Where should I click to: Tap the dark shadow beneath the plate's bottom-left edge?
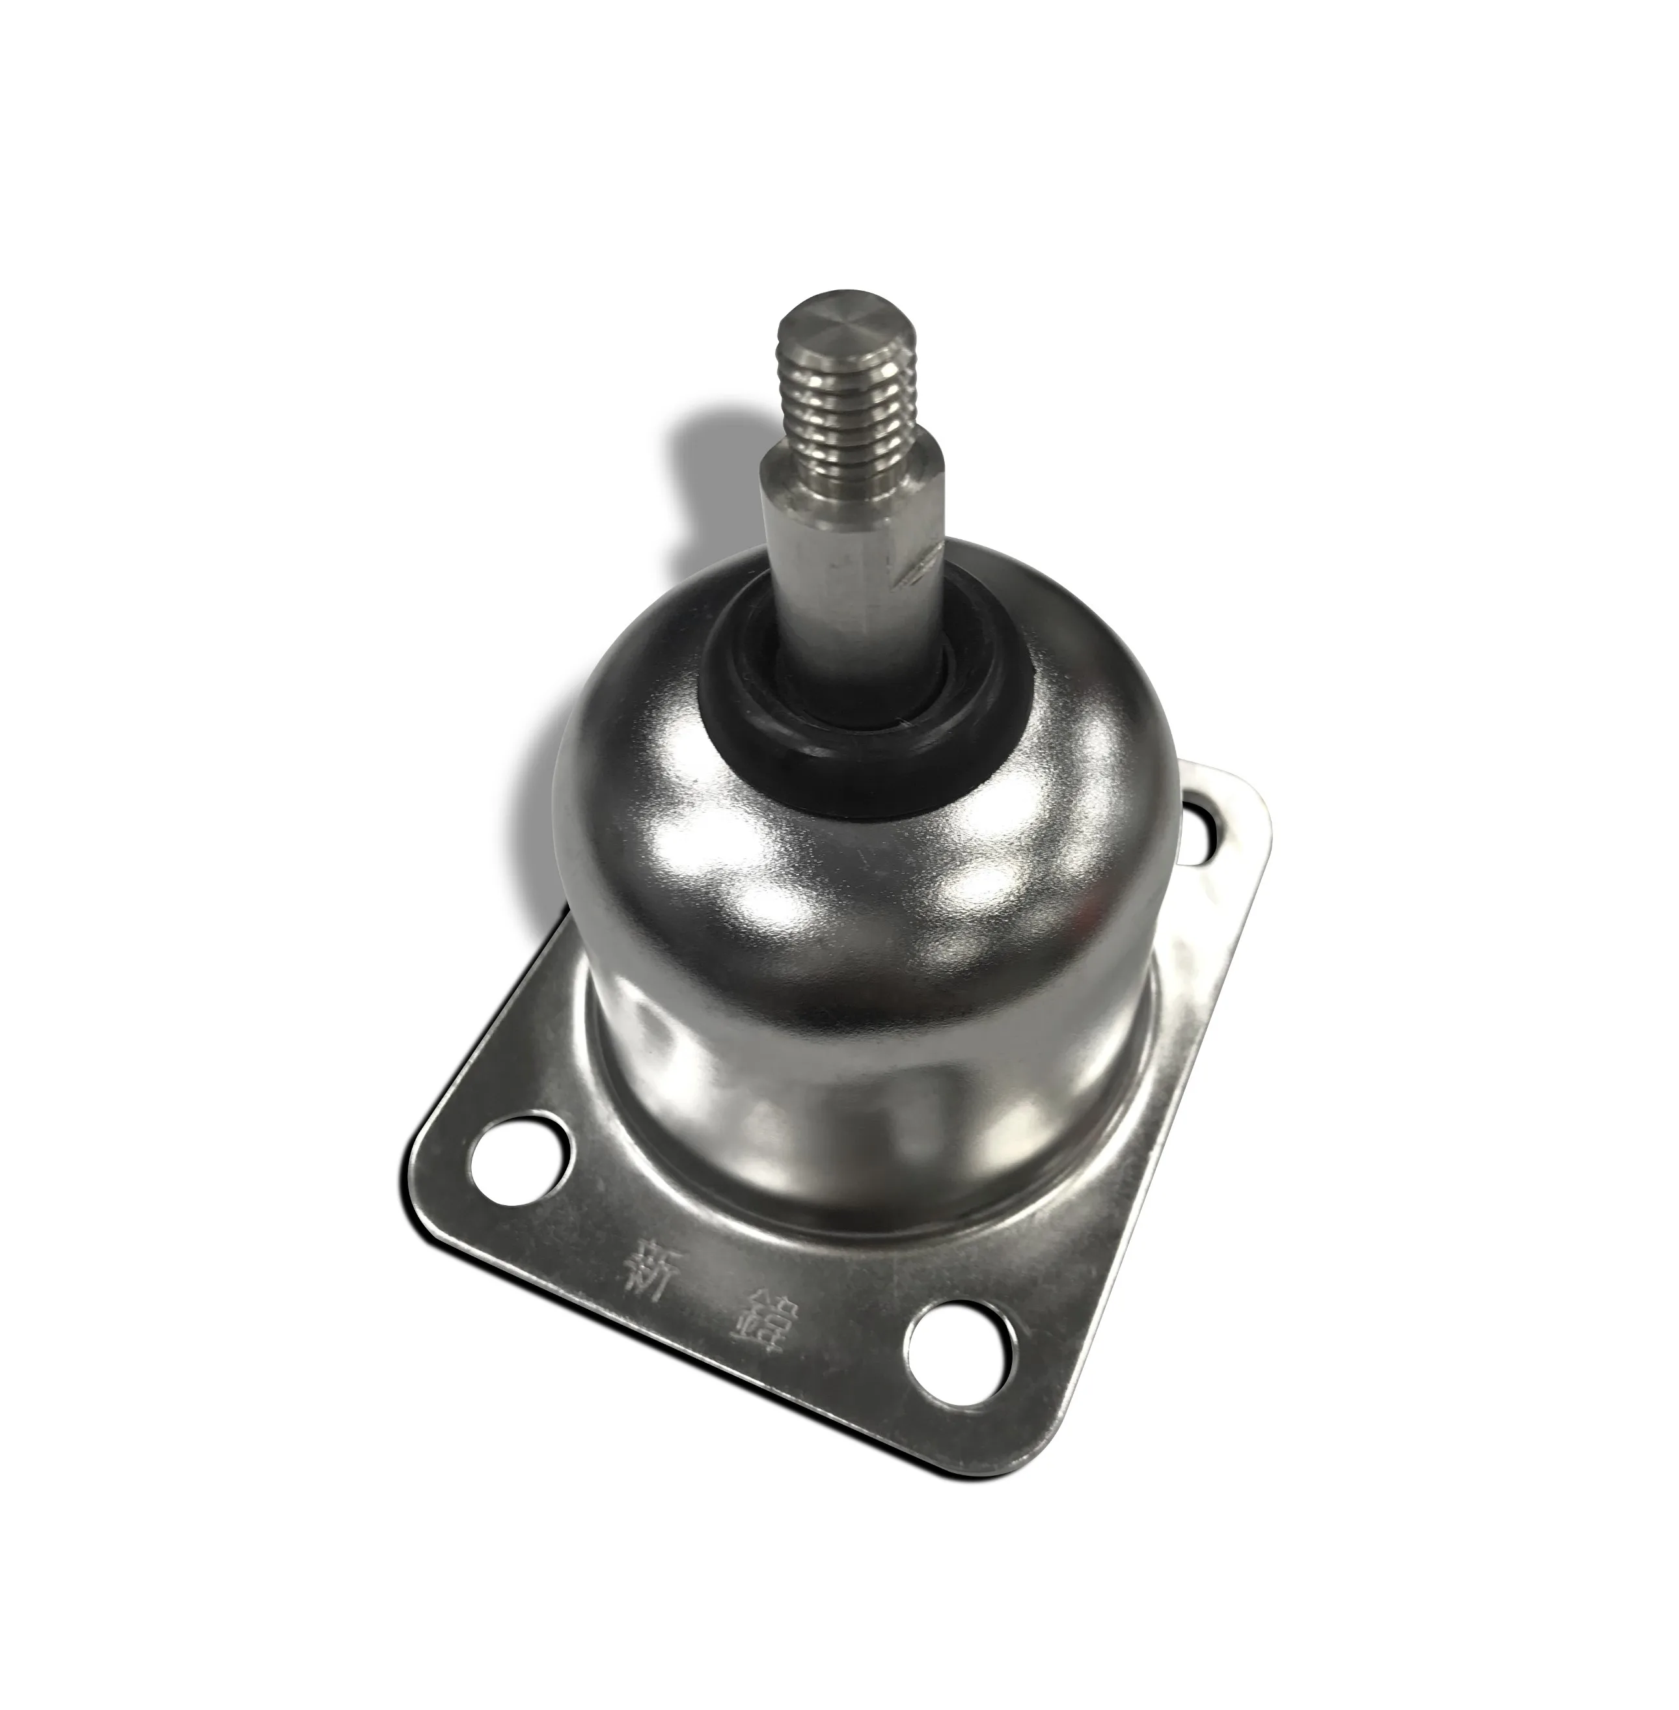(x=618, y=1376)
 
